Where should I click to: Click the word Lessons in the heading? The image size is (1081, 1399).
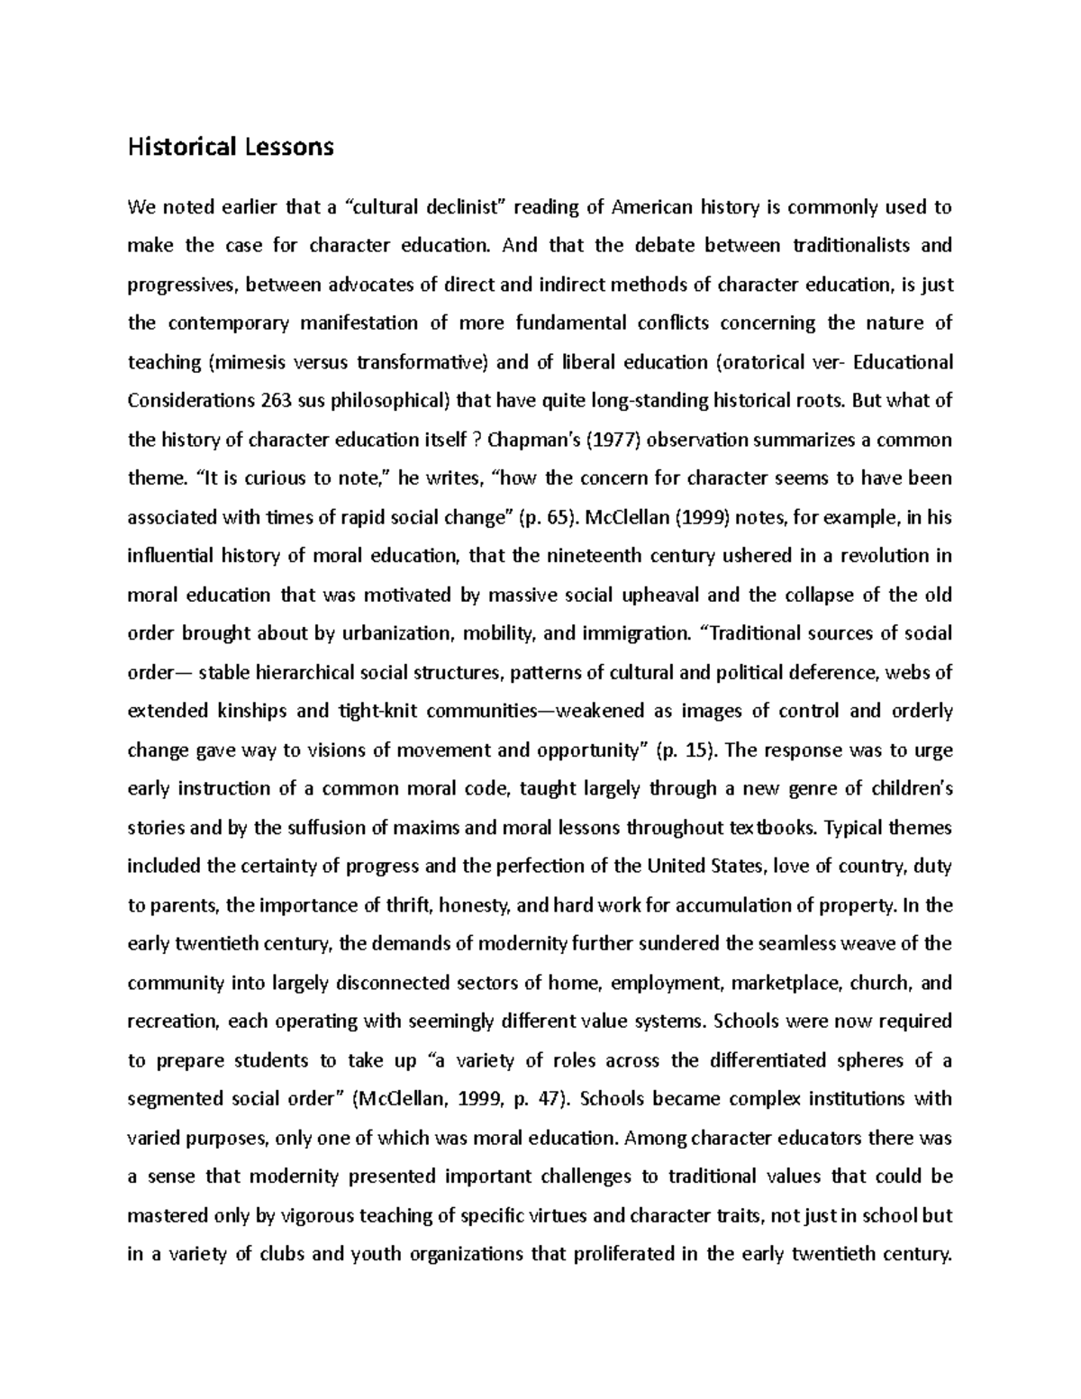[x=289, y=147]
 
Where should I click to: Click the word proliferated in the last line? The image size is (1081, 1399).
[x=620, y=1254]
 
